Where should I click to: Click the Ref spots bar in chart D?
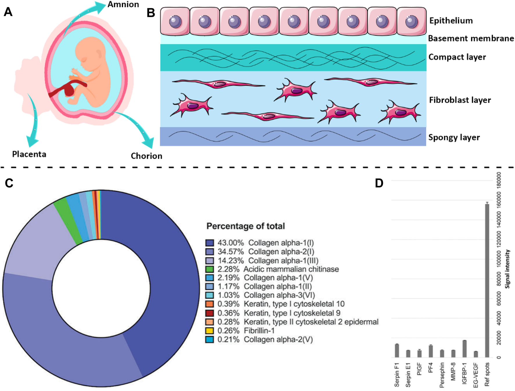pyautogui.click(x=487, y=281)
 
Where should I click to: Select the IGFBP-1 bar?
pyautogui.click(x=464, y=349)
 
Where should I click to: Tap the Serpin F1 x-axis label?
pyautogui.click(x=397, y=375)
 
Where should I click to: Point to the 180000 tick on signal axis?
pyautogui.click(x=499, y=180)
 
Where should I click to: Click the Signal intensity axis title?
pyautogui.click(x=507, y=269)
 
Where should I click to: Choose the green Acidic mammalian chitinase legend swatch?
pyautogui.click(x=210, y=269)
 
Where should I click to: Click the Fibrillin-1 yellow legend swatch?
pyautogui.click(x=210, y=331)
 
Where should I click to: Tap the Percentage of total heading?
pyautogui.click(x=246, y=226)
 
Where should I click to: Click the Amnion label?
pyautogui.click(x=123, y=5)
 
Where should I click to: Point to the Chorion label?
pyautogui.click(x=146, y=156)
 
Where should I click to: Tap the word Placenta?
pyautogui.click(x=29, y=154)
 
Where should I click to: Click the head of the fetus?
pyautogui.click(x=90, y=52)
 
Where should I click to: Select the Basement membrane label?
pyautogui.click(x=471, y=38)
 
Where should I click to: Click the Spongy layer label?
pyautogui.click(x=454, y=137)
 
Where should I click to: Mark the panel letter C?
pyautogui.click(x=9, y=183)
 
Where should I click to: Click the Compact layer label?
pyautogui.click(x=457, y=57)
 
